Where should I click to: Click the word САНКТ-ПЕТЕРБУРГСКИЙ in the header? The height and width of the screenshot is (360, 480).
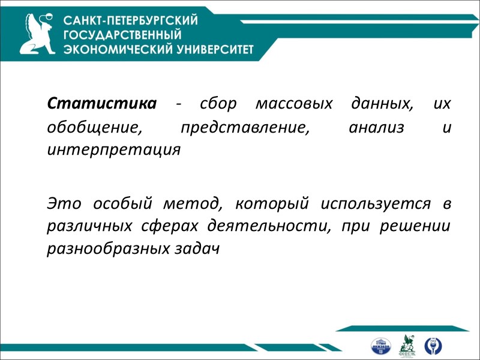(131, 21)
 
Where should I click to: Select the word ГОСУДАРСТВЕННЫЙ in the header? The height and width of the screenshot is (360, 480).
(122, 35)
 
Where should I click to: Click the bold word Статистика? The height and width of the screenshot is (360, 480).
(101, 104)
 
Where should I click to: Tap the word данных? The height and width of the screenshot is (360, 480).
(380, 104)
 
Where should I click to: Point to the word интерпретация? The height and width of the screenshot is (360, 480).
(113, 149)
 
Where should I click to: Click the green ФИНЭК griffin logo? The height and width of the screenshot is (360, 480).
(407, 345)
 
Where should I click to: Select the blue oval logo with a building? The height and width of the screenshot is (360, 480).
(380, 346)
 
